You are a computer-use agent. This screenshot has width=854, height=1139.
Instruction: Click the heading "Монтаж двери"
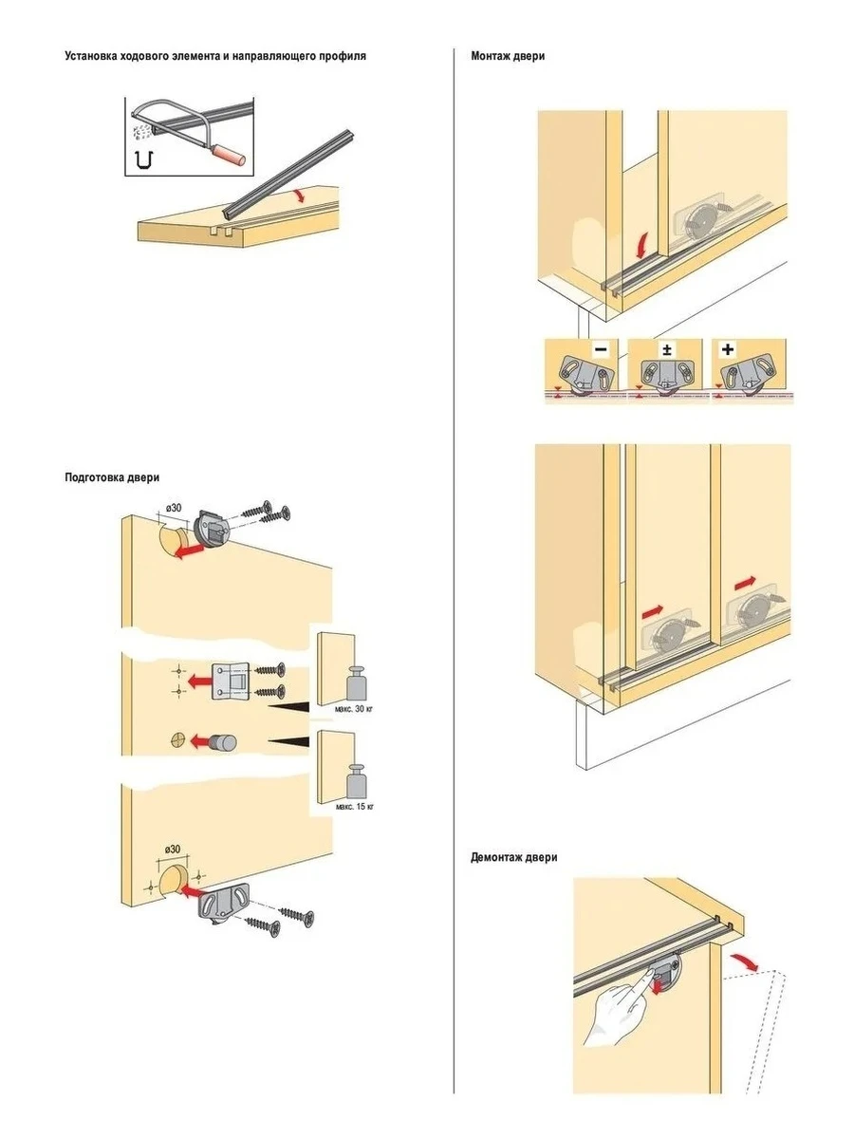coord(508,56)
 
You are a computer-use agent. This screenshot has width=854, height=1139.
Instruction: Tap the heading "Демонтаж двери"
coord(514,857)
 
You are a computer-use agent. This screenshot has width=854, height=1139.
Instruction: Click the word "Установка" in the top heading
coord(93,56)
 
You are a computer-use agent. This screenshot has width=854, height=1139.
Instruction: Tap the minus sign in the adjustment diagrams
coord(601,349)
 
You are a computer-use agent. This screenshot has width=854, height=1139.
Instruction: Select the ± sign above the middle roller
coord(666,349)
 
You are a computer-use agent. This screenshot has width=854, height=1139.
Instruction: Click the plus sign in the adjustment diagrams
coord(729,349)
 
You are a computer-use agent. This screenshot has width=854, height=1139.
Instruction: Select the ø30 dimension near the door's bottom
coord(172,847)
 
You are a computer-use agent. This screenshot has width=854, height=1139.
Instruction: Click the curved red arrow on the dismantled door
coord(750,962)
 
